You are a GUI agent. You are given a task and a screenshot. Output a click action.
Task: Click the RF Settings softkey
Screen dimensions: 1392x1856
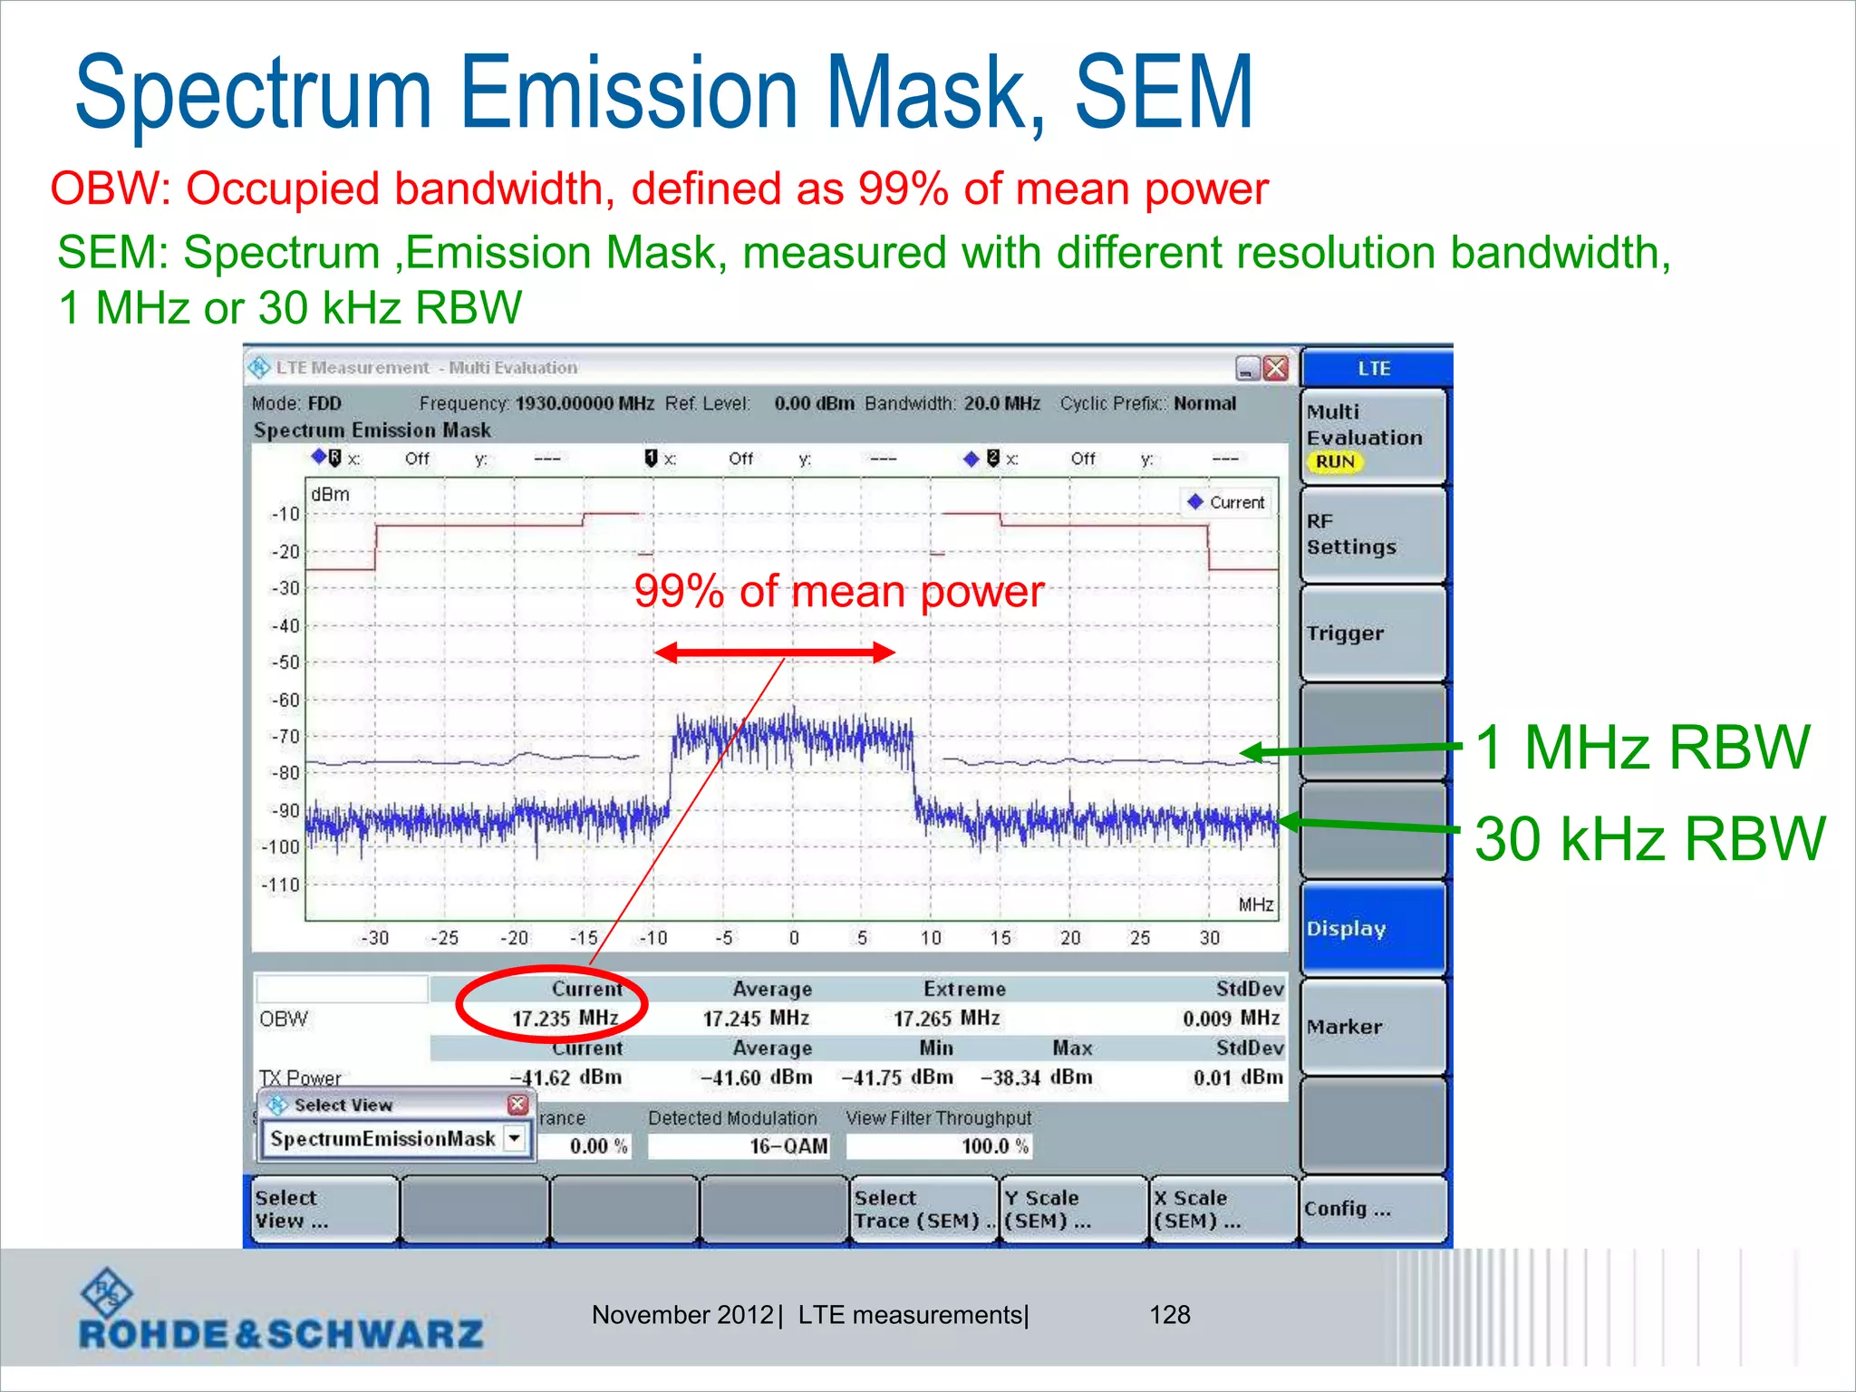coord(1372,535)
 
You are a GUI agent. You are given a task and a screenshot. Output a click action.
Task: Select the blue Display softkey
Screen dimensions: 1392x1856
coord(1372,929)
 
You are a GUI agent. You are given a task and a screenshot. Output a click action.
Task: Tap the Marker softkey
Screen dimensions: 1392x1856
coord(1372,1027)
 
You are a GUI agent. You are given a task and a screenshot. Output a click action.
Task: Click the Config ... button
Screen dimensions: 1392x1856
coord(1372,1209)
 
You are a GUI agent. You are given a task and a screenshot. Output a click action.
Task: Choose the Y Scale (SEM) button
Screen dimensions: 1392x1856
coord(1072,1209)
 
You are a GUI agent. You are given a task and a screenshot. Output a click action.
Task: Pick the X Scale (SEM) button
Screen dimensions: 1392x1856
coord(1223,1209)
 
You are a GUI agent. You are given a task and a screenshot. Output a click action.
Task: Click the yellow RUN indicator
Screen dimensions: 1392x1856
coord(1335,462)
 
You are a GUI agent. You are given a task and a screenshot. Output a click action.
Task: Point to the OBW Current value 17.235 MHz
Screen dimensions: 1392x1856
coord(565,1019)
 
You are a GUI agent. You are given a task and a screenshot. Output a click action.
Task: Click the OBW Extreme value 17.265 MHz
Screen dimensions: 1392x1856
coord(946,1019)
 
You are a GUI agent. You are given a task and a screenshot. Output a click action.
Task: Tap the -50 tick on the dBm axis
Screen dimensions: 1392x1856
coord(285,662)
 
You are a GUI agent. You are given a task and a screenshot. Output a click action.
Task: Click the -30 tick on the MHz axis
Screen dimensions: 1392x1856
coord(374,938)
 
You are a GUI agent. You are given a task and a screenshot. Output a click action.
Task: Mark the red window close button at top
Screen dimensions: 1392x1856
coord(1275,368)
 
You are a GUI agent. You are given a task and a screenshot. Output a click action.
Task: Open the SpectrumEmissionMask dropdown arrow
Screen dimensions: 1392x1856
coord(515,1137)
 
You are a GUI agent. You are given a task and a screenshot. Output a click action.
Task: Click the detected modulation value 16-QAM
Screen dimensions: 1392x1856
coord(788,1146)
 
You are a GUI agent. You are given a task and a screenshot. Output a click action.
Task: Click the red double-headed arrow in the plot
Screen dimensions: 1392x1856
coord(775,652)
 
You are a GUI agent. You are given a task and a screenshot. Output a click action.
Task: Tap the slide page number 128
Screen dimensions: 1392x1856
coord(1169,1315)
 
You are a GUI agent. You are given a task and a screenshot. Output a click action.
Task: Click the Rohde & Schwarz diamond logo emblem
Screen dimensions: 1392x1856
coord(106,1293)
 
